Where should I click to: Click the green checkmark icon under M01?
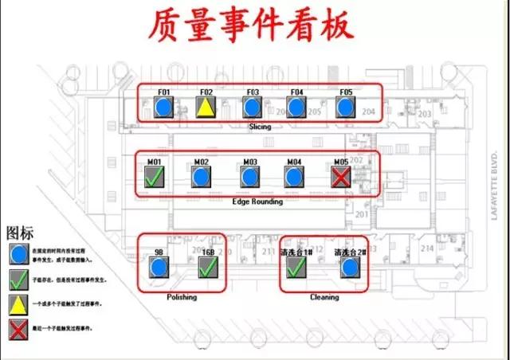click(x=155, y=177)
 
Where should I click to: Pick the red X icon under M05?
click(x=341, y=177)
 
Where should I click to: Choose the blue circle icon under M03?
click(x=250, y=177)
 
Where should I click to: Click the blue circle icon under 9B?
click(x=159, y=267)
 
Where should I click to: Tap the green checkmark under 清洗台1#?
click(x=296, y=267)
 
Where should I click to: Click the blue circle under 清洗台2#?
click(x=349, y=267)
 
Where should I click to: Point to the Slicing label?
click(x=260, y=127)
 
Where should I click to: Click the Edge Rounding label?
click(x=257, y=202)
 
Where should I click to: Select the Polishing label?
click(x=182, y=296)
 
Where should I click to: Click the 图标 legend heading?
click(x=20, y=233)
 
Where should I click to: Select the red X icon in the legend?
click(x=17, y=327)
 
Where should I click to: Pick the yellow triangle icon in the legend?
click(x=17, y=303)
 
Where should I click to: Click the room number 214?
click(x=428, y=248)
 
